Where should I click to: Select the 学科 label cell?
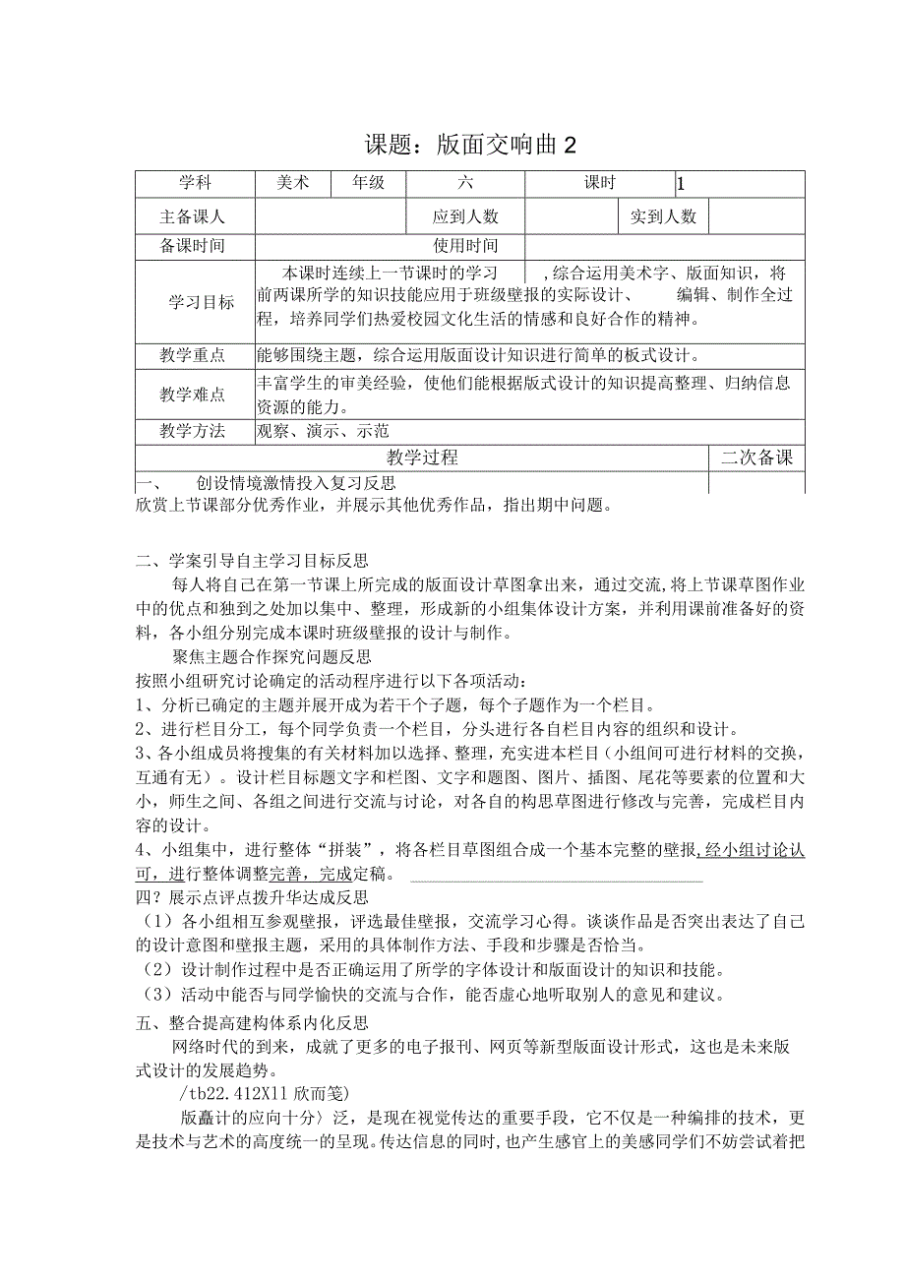tap(194, 183)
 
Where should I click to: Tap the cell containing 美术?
tap(291, 183)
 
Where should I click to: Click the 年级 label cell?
tap(368, 183)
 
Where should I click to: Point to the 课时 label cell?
tap(599, 183)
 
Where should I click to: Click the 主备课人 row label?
tap(194, 216)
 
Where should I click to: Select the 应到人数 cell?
tap(465, 216)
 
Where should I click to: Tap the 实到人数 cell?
tap(663, 216)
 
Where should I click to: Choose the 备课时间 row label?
tap(194, 246)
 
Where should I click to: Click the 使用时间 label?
tap(465, 246)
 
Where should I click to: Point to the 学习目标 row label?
tap(201, 302)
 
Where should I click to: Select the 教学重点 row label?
tap(193, 355)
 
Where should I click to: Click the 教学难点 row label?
tap(193, 395)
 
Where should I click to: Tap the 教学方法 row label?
tap(193, 430)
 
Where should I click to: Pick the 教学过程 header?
tap(422, 457)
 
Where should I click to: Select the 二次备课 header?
tap(756, 457)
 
